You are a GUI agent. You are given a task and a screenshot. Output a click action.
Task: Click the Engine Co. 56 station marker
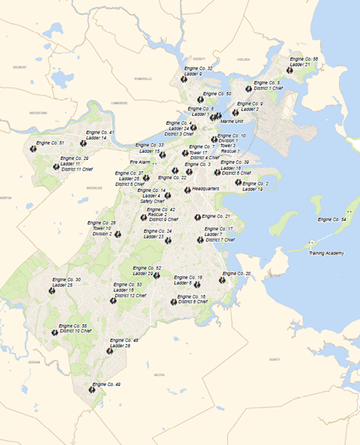[290, 70]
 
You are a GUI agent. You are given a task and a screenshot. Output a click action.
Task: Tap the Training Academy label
[326, 253]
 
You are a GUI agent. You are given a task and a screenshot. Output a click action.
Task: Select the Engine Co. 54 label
[332, 219]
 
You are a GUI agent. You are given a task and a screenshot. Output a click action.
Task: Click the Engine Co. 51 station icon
[34, 148]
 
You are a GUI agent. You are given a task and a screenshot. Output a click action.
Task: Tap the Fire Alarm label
[140, 162]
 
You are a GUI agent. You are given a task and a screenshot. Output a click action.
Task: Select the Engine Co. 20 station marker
[225, 274]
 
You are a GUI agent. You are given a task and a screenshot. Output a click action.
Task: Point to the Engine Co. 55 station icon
[55, 332]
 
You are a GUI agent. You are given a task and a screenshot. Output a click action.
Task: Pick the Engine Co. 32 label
[199, 69]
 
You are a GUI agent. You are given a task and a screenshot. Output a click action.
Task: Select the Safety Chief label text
[154, 201]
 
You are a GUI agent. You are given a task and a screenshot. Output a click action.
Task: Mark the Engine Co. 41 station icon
[83, 143]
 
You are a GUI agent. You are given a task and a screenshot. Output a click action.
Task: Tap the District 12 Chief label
[130, 295]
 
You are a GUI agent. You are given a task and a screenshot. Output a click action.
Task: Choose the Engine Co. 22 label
[173, 178]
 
